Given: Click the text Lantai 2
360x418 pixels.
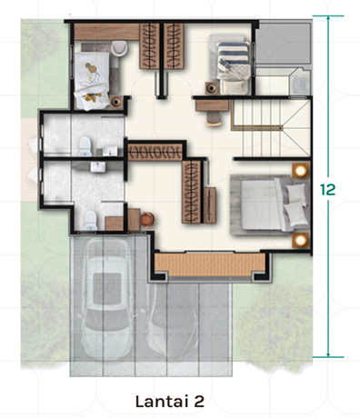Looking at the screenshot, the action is (x=170, y=402).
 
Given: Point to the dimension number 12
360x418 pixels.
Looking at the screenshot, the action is (x=328, y=190).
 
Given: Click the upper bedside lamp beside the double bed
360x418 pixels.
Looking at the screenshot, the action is (x=301, y=171).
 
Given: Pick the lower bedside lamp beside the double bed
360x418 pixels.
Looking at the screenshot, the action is (x=301, y=241).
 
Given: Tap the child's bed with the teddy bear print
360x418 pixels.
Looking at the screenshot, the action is (x=92, y=80).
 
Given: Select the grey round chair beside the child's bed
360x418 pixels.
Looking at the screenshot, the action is (x=119, y=48).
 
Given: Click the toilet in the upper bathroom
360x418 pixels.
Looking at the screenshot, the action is (x=85, y=147).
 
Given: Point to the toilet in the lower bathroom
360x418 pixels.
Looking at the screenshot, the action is (x=91, y=220).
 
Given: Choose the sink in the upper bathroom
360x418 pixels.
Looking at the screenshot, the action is (x=110, y=151).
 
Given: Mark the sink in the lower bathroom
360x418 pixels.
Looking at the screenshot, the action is (x=97, y=166).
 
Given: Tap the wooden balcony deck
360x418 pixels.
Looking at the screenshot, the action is (x=210, y=264).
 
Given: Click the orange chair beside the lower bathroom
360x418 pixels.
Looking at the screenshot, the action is (x=147, y=219).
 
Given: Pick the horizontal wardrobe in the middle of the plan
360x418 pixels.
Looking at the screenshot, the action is (x=155, y=152).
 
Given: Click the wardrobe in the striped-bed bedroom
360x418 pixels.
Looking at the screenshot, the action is (x=174, y=46).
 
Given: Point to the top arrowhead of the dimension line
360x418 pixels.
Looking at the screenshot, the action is (x=328, y=18).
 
